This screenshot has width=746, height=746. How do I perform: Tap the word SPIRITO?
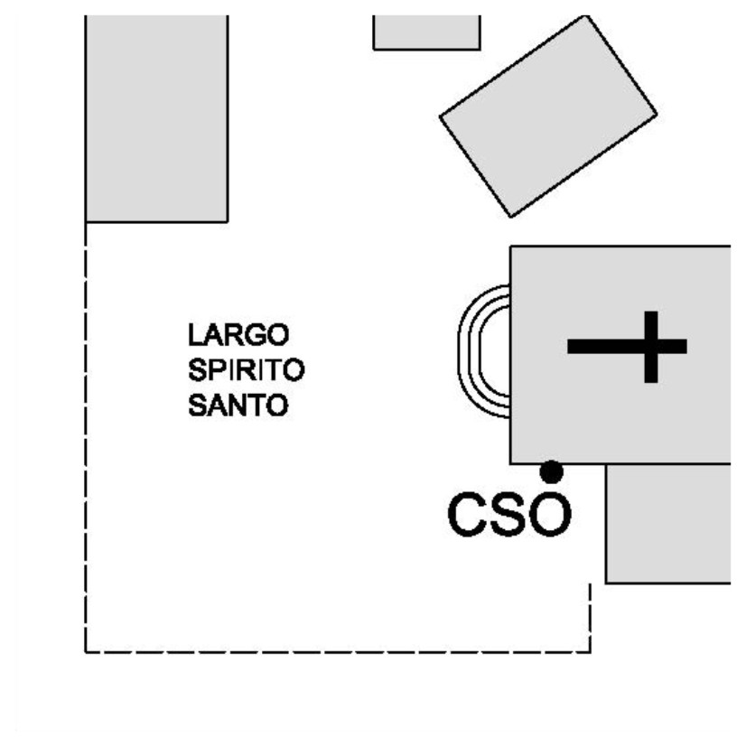(246, 371)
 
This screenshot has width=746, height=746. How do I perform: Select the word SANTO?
(238, 406)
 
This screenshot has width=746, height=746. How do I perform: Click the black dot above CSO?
(551, 471)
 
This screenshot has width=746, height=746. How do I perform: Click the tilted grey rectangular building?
(548, 117)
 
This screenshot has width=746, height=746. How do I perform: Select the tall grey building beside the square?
(155, 117)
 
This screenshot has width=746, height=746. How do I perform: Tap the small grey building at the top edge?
(426, 32)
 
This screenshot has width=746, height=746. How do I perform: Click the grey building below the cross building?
(667, 524)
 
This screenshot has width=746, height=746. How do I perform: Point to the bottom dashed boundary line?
(338, 651)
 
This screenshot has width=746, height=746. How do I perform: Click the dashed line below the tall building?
(86, 434)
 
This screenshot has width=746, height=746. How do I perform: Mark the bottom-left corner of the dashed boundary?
(86, 651)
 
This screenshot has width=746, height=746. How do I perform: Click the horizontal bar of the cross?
(596, 346)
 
